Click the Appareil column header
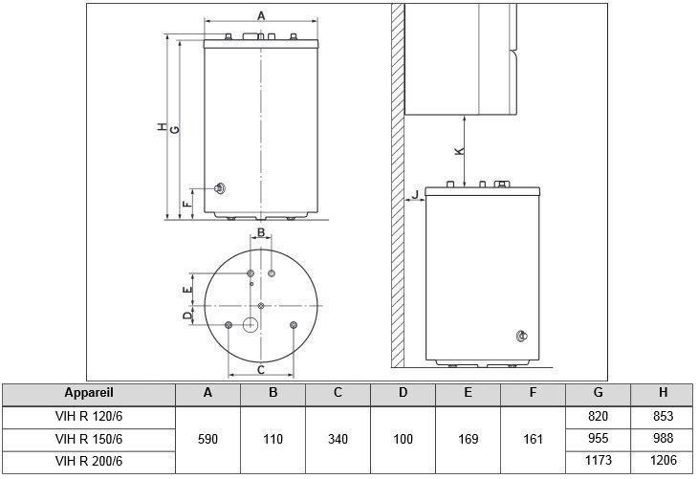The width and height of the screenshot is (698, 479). click(x=89, y=393)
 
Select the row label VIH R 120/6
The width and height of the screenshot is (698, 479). click(x=89, y=416)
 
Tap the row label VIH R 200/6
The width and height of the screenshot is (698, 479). click(x=89, y=461)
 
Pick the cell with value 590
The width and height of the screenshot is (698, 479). click(x=207, y=439)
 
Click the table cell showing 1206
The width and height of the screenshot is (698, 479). click(x=664, y=460)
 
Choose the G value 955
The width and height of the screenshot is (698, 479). click(x=598, y=438)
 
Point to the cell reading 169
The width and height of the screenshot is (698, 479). click(x=469, y=439)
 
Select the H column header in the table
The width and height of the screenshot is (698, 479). click(x=664, y=392)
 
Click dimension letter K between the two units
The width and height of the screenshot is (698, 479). click(x=459, y=151)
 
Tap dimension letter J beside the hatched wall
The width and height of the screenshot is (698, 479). click(x=415, y=194)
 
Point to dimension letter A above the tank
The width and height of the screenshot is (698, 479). click(x=261, y=16)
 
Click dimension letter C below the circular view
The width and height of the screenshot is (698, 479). click(x=261, y=369)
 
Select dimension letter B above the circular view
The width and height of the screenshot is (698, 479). click(x=261, y=232)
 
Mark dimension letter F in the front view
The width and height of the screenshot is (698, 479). click(x=187, y=205)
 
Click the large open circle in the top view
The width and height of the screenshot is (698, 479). click(x=251, y=325)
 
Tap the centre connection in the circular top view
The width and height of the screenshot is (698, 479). click(x=261, y=306)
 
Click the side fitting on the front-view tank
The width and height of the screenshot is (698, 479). click(x=220, y=188)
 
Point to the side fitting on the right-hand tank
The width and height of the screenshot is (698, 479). click(x=522, y=337)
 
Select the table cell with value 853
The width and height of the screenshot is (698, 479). click(x=664, y=416)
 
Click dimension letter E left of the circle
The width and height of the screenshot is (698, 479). click(x=187, y=290)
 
